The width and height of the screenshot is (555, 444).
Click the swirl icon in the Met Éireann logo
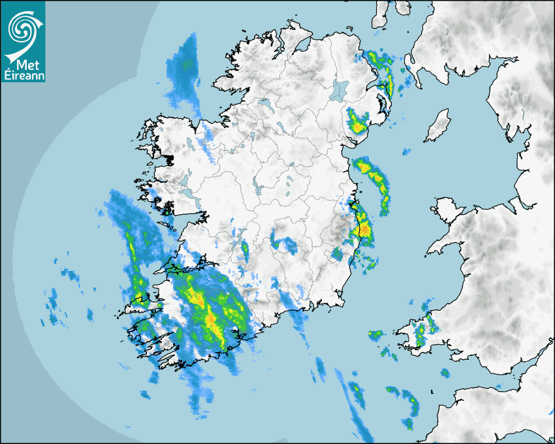22,28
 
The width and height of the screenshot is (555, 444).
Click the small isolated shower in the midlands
285,244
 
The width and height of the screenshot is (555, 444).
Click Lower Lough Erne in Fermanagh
265,104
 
